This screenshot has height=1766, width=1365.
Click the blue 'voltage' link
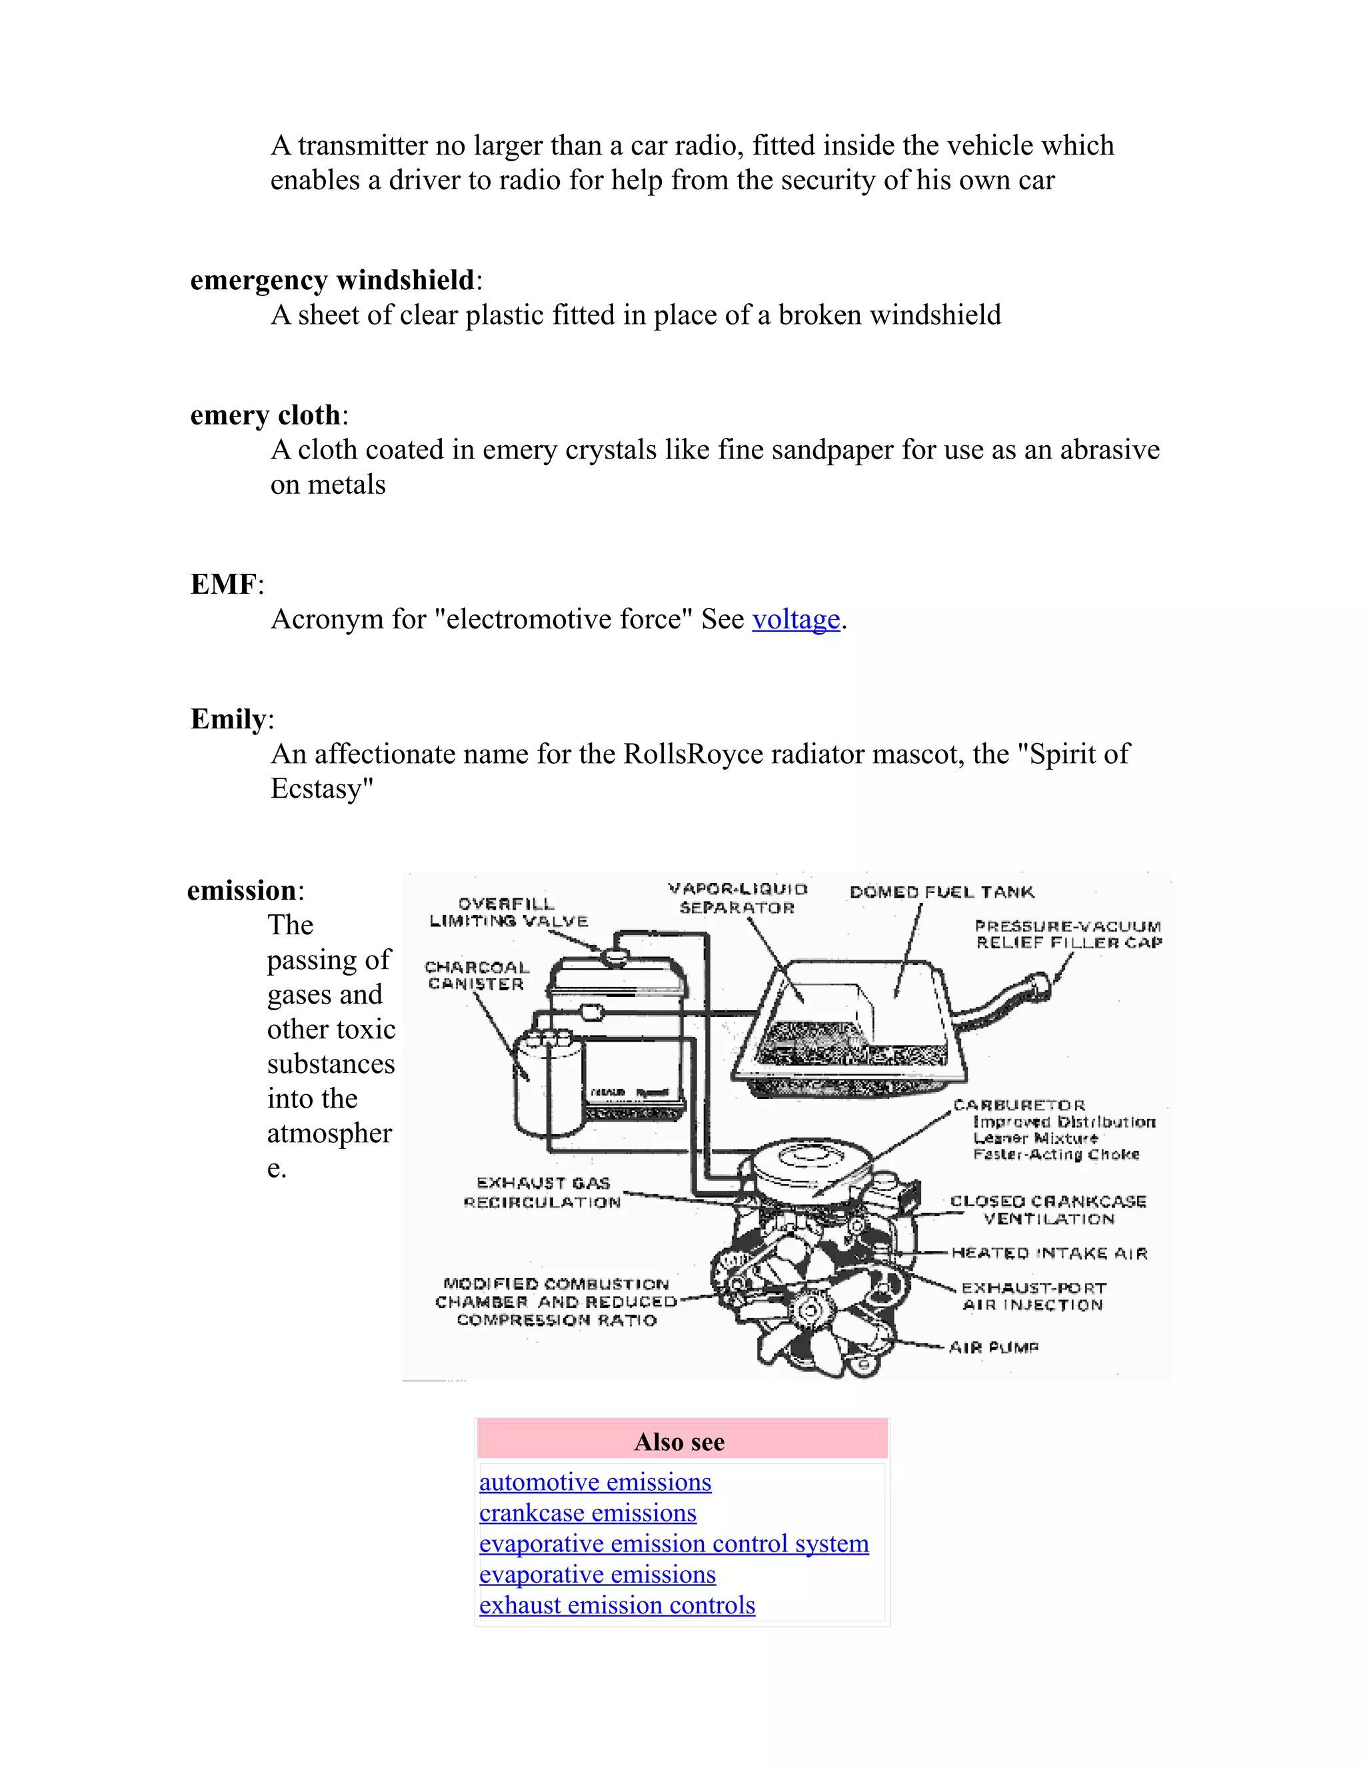(796, 619)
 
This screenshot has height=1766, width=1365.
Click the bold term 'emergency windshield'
(331, 281)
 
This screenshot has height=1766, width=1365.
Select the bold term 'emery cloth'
(265, 416)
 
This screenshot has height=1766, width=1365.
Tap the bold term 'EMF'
(223, 584)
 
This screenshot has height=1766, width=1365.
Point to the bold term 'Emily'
(228, 720)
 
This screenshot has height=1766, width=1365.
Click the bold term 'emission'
(241, 891)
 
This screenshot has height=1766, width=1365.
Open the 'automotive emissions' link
(595, 1482)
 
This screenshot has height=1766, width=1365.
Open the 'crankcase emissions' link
(587, 1513)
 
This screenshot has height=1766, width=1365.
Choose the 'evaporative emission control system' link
(674, 1543)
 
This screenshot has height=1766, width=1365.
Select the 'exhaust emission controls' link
(617, 1605)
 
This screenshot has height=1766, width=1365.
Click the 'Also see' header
(679, 1441)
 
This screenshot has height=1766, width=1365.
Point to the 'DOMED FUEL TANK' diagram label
(941, 892)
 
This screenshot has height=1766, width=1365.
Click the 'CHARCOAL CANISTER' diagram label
(477, 975)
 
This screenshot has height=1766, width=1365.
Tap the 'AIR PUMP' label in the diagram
(993, 1347)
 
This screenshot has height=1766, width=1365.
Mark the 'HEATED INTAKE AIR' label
(1049, 1254)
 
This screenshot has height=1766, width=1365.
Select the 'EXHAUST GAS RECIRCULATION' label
(543, 1193)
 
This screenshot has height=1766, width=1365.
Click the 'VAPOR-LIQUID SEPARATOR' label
(738, 898)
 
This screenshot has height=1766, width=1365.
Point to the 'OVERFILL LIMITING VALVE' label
(508, 912)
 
